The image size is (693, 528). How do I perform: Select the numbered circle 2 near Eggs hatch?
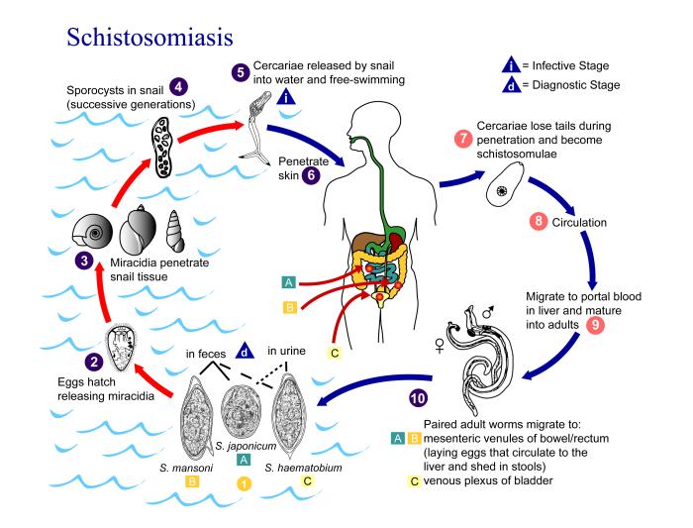coord(94,364)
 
